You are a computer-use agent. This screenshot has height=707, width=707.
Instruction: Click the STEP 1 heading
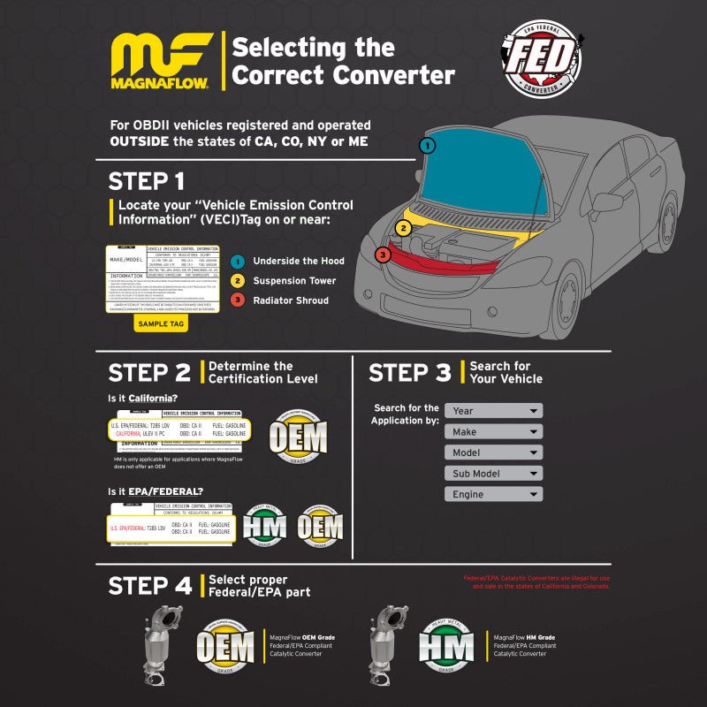[147, 181]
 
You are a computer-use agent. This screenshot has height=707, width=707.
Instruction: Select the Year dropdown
[493, 411]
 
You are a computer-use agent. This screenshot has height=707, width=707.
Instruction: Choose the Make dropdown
[493, 432]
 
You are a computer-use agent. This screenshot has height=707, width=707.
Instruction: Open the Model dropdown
[493, 452]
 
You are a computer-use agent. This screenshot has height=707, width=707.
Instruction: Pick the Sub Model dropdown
[493, 474]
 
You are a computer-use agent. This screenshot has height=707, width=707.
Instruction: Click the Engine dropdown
[493, 495]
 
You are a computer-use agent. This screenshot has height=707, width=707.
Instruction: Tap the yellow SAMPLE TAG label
[161, 324]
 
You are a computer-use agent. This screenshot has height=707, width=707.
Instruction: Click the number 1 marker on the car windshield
[428, 145]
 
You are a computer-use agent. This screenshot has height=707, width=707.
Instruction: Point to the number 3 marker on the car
[382, 255]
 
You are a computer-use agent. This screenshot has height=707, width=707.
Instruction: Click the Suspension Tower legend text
[295, 281]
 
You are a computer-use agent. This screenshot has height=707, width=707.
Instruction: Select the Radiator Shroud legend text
[291, 300]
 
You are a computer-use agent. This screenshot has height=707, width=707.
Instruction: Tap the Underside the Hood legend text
[299, 262]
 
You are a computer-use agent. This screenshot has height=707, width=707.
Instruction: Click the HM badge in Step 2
[264, 527]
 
